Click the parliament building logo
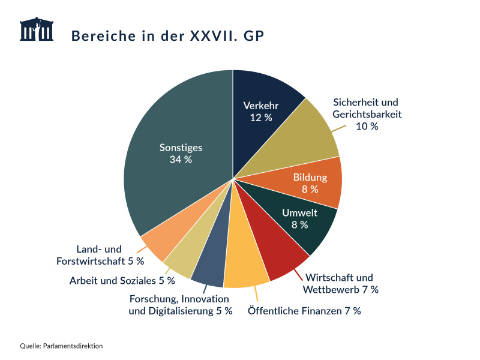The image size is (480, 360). [37, 29]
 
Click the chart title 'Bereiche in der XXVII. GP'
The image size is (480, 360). [167, 35]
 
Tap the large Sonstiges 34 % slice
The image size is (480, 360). [174, 156]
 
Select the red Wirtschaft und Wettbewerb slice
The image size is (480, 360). [276, 255]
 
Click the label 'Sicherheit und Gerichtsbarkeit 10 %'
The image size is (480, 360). [366, 114]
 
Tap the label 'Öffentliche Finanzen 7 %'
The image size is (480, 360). [304, 311]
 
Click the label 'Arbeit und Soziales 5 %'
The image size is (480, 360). [122, 280]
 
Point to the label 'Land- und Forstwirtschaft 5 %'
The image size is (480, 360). [100, 255]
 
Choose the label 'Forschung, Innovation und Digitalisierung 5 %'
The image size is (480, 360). [180, 305]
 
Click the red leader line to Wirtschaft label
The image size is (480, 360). [298, 274]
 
